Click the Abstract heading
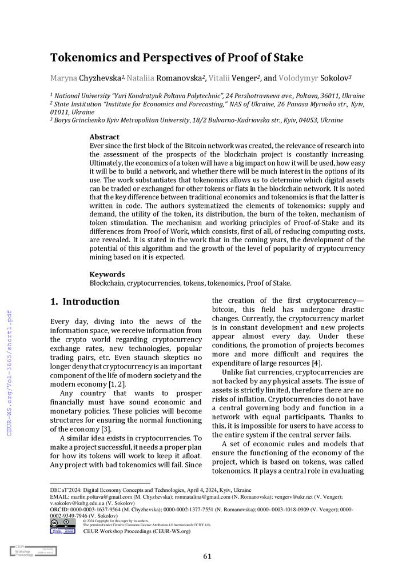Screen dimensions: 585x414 [105, 137]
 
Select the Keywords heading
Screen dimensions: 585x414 [107, 274]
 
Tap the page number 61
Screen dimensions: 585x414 [207, 556]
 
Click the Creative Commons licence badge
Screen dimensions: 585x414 [62, 522]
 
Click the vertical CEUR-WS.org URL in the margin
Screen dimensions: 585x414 [9, 366]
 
